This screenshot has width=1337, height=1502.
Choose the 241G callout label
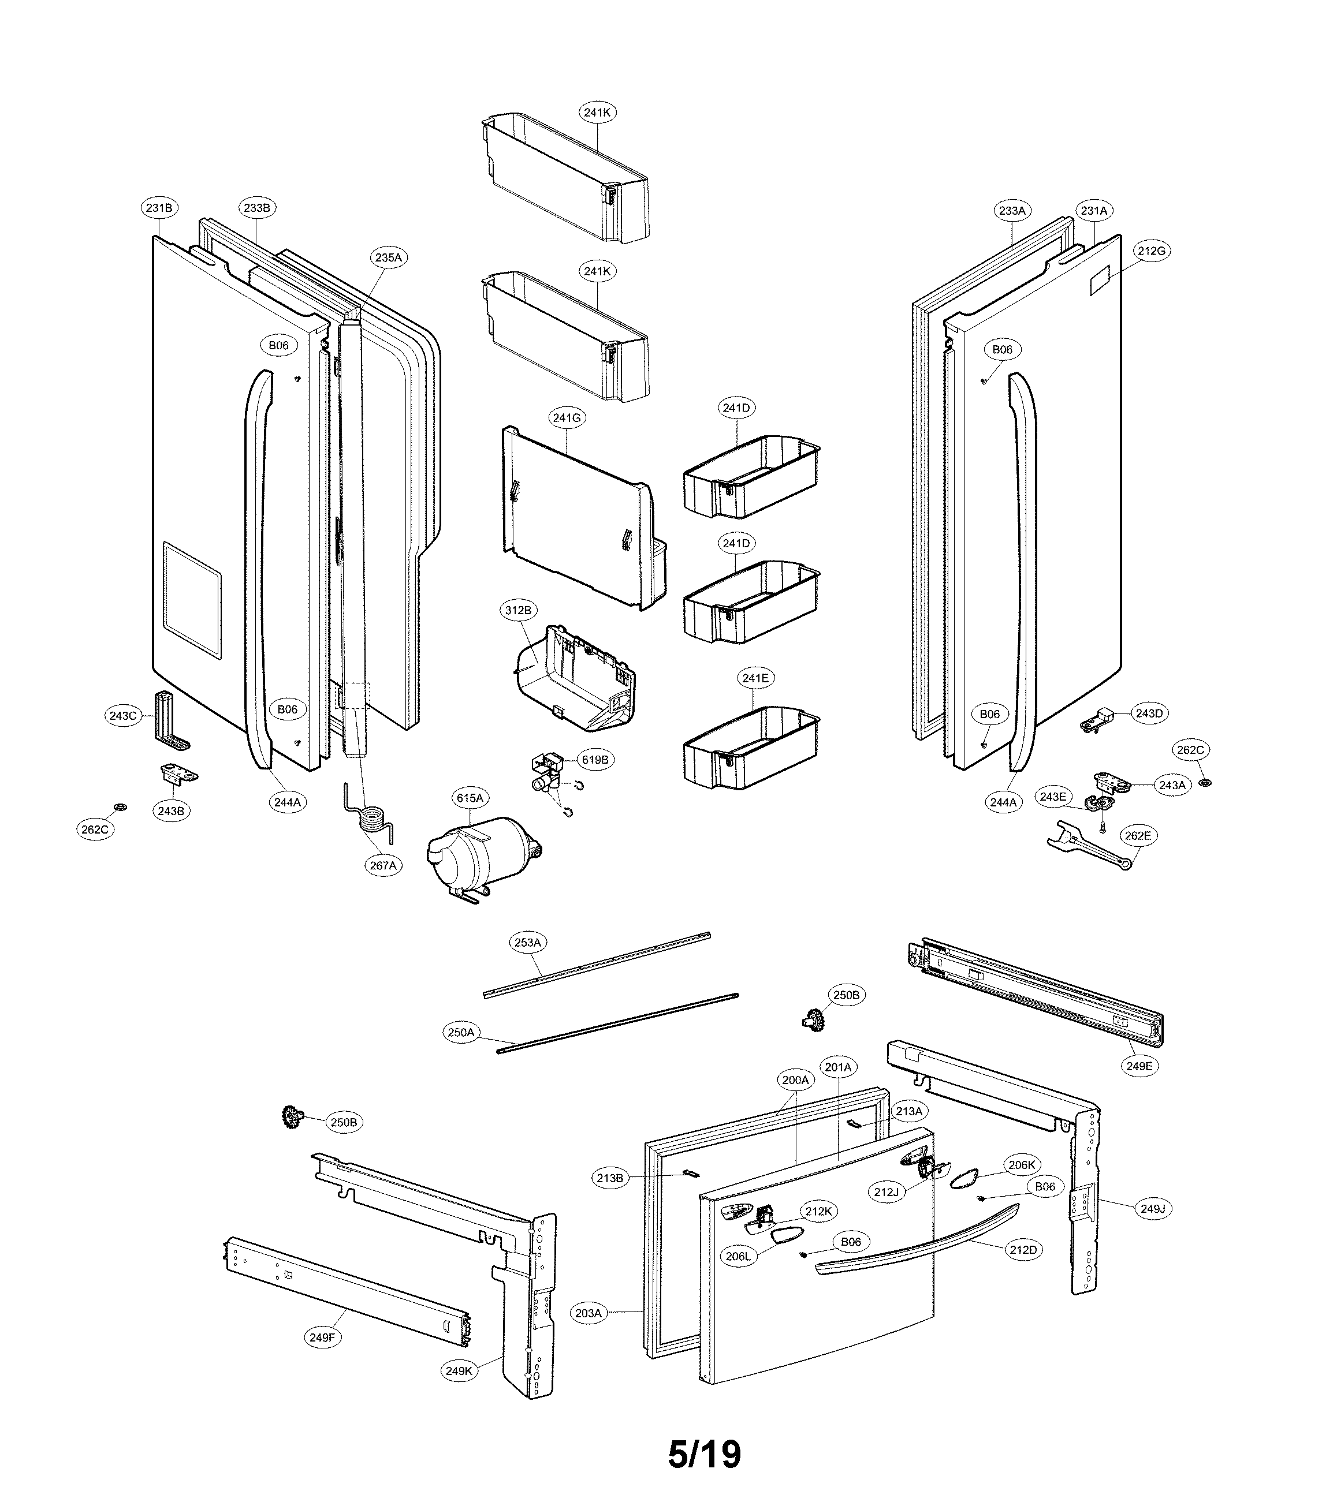click(567, 418)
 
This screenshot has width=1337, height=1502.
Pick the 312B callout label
click(517, 611)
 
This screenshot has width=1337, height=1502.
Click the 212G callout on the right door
click(1152, 251)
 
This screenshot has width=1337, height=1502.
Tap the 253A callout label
click(528, 943)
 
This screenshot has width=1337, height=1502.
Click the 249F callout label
click(322, 1338)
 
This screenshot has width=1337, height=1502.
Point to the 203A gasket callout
click(589, 1313)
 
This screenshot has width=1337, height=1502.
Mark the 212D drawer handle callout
click(1023, 1250)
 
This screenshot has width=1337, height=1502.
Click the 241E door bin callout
click(755, 678)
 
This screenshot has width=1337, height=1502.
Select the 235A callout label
click(388, 258)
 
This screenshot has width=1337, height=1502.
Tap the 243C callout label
click(123, 716)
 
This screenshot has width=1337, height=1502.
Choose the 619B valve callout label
click(595, 760)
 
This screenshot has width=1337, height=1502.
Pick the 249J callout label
click(1153, 1209)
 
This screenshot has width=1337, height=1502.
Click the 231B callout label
click(159, 208)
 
